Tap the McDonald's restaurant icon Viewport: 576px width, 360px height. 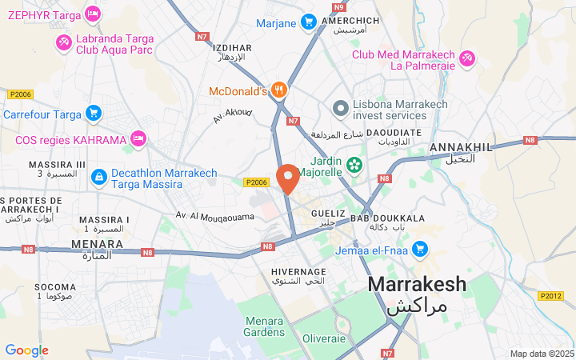pos(278,90)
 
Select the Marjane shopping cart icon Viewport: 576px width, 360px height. pos(308,22)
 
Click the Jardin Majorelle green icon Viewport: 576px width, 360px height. pos(354,166)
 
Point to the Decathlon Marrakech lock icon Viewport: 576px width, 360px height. pos(98,175)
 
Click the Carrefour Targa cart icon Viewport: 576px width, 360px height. pos(94,114)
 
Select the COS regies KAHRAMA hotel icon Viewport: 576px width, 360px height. pos(138,139)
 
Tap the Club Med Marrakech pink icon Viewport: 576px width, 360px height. pos(466,58)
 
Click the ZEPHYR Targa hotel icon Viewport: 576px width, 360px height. pos(93,14)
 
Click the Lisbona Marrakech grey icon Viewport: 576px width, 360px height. pos(339,107)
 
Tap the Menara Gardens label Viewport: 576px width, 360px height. pos(264,326)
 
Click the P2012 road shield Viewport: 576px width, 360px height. pos(550,296)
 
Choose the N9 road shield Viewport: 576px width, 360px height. pos(338,6)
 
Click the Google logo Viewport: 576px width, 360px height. pos(26,350)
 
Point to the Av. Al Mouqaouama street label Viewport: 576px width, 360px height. pos(215,216)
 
